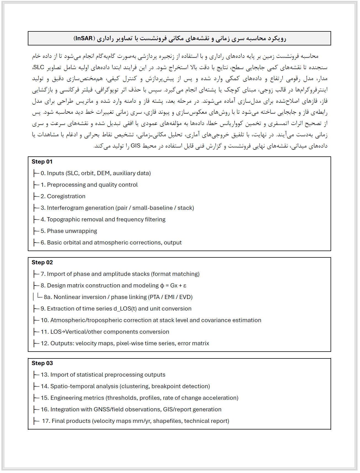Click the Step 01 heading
(42, 162)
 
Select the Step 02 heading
(42, 262)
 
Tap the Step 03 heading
(42, 363)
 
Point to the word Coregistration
(66, 196)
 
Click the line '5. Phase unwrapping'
(69, 231)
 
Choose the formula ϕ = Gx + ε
(173, 286)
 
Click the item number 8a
(48, 297)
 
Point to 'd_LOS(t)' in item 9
(125, 309)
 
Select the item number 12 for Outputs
(45, 343)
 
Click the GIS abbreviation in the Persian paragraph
(136, 146)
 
